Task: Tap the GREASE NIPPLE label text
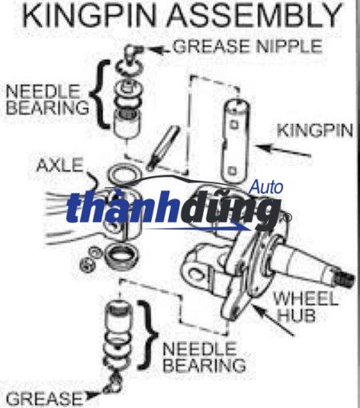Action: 248,46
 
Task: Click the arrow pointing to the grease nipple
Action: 158,50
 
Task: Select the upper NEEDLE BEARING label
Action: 47,99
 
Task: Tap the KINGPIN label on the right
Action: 315,130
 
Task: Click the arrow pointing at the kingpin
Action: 282,150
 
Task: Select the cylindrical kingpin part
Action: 235,142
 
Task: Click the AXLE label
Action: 60,165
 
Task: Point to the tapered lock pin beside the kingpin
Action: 162,148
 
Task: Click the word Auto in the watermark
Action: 266,187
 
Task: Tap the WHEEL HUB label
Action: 306,306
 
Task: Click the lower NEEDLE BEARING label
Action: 204,357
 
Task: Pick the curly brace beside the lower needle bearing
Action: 148,335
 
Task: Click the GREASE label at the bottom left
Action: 45,399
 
